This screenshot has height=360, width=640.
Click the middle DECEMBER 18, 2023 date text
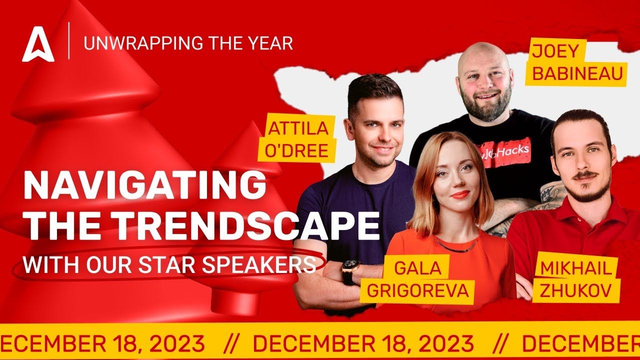tap(363, 343)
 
